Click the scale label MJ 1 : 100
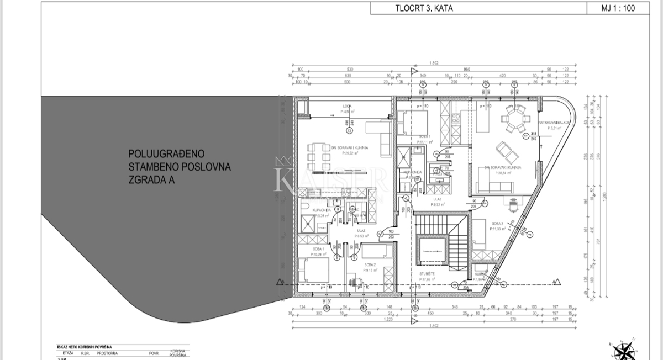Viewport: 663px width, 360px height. point(624,8)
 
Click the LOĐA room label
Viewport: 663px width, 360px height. point(347,106)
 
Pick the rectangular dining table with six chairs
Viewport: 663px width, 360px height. point(318,157)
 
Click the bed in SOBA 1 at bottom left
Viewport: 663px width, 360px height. point(313,271)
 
